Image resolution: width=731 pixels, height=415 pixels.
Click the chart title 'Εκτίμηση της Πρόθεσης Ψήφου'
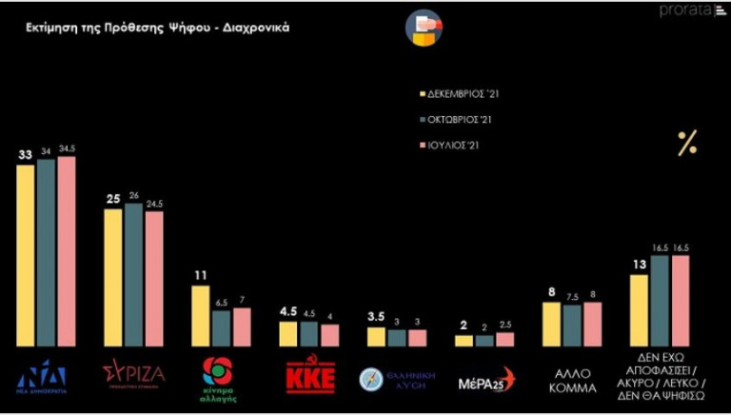[157, 28]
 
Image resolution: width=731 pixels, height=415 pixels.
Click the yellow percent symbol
[686, 144]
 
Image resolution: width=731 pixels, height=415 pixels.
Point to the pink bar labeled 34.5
[66, 251]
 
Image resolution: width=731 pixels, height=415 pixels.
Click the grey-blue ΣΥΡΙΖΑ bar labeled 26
[133, 274]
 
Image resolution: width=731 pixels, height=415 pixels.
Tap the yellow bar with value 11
[201, 315]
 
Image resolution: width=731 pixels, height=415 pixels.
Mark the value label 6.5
[221, 303]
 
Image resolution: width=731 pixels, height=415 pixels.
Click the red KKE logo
[310, 377]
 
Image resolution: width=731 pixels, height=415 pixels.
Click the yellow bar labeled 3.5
[376, 336]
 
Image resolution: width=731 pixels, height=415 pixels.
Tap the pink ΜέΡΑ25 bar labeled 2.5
[504, 339]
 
